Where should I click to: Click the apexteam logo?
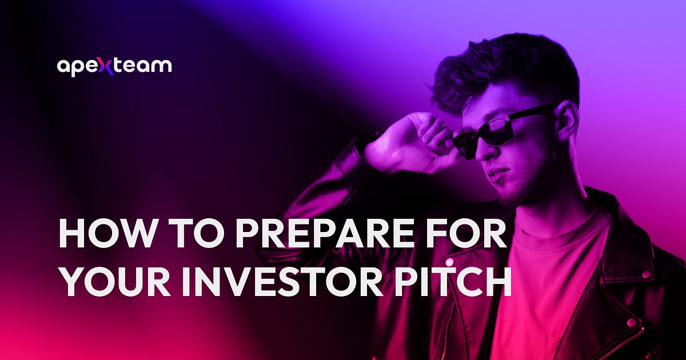(114, 66)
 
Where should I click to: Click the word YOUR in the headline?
(111, 282)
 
